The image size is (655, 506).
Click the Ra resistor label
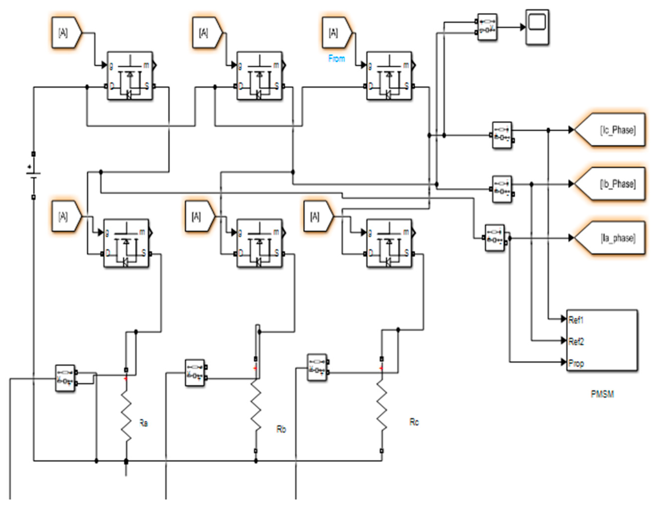pos(144,423)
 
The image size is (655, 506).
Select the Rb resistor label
pos(281,429)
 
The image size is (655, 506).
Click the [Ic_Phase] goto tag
pos(612,130)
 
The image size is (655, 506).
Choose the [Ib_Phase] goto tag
pos(612,184)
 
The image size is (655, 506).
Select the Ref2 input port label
pos(576,341)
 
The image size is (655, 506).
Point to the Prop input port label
pos(576,363)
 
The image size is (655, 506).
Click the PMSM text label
pos(602,394)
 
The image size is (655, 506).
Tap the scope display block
pos(537,27)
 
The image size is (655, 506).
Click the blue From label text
pos(336,58)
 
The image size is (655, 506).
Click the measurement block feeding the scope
pos(487,27)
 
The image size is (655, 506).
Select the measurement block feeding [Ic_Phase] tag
pos(502,135)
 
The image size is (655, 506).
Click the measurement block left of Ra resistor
pos(65,378)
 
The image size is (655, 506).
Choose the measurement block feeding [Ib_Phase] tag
pos(502,189)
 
